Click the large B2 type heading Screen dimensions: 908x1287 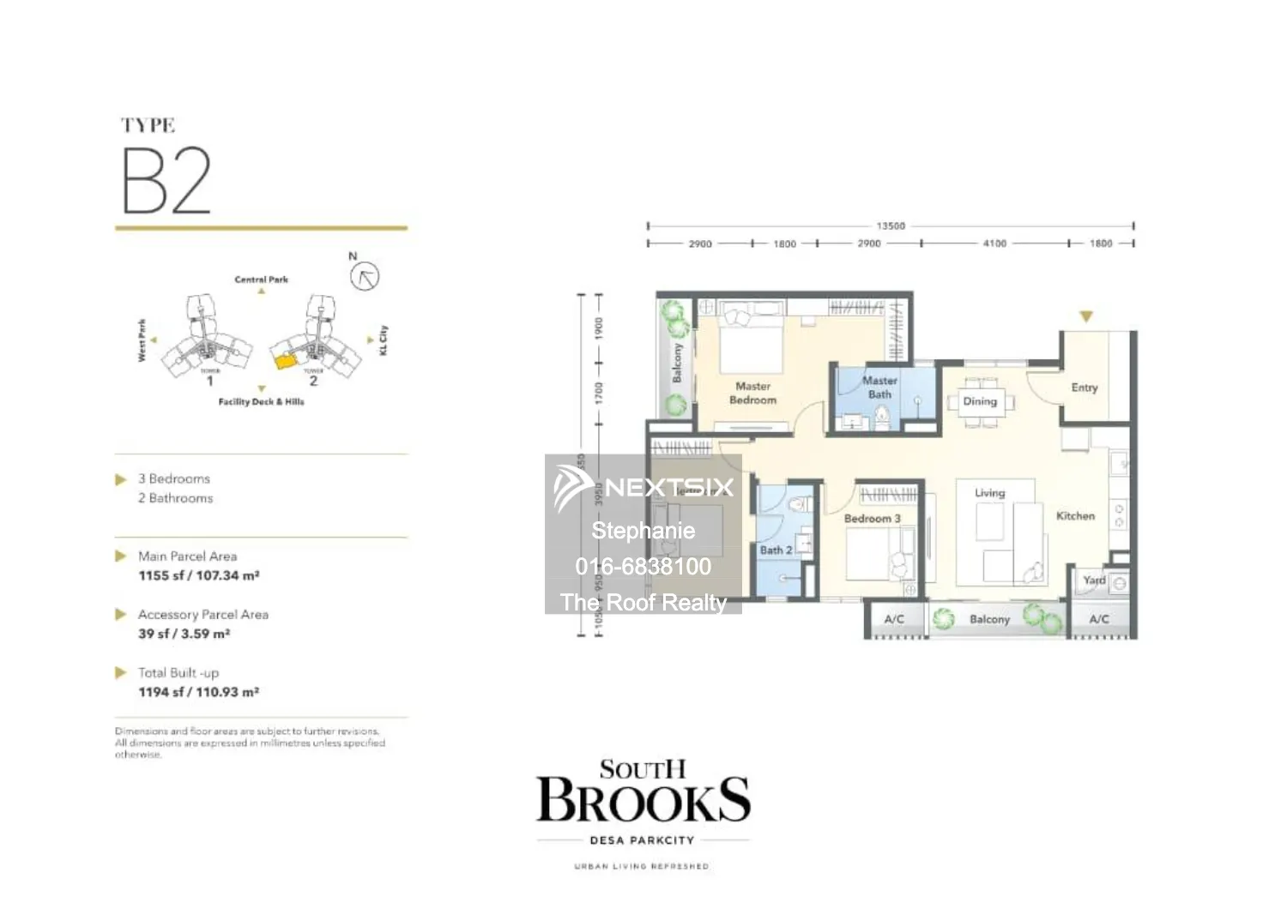point(166,181)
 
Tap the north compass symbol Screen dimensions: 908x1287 point(365,276)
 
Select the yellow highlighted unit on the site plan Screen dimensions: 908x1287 point(286,361)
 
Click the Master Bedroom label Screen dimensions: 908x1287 point(752,394)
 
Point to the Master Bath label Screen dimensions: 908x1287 point(879,388)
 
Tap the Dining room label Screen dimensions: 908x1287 point(980,401)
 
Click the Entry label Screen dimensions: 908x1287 point(1085,388)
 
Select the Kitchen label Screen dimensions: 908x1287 point(1075,516)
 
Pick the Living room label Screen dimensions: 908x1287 point(989,493)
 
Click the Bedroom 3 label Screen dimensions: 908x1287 point(872,519)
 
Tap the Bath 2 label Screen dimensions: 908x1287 point(776,550)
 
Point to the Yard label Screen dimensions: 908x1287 point(1094,580)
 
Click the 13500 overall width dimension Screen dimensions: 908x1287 point(891,226)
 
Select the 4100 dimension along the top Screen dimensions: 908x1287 point(994,244)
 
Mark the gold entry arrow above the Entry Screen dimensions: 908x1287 point(1086,317)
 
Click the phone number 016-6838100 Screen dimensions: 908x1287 point(643,567)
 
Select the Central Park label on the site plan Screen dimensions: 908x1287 point(262,280)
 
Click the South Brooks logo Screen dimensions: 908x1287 point(643,793)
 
